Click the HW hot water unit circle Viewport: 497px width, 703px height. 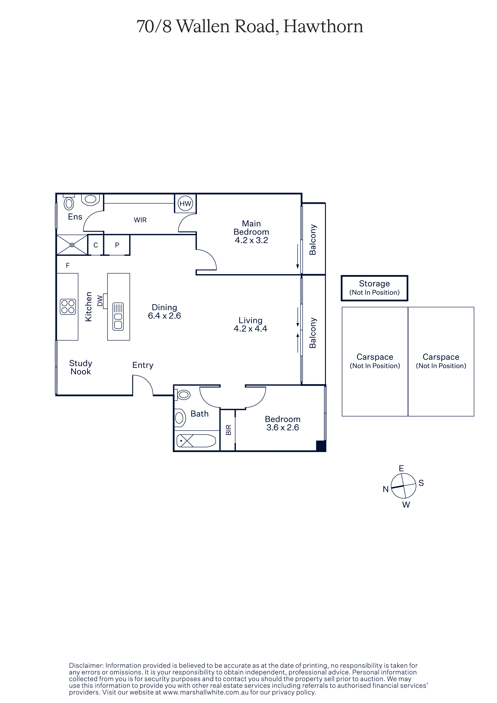coord(185,203)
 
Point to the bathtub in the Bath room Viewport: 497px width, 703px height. coord(196,441)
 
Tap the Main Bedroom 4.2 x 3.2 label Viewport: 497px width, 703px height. coord(251,232)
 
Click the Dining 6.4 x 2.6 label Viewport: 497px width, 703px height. coord(164,311)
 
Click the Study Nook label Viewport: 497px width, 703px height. coord(81,367)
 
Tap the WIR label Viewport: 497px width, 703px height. coord(140,220)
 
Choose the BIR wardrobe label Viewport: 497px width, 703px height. coord(228,430)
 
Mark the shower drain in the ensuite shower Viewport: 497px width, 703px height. coord(72,245)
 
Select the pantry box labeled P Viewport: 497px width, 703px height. coord(117,245)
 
